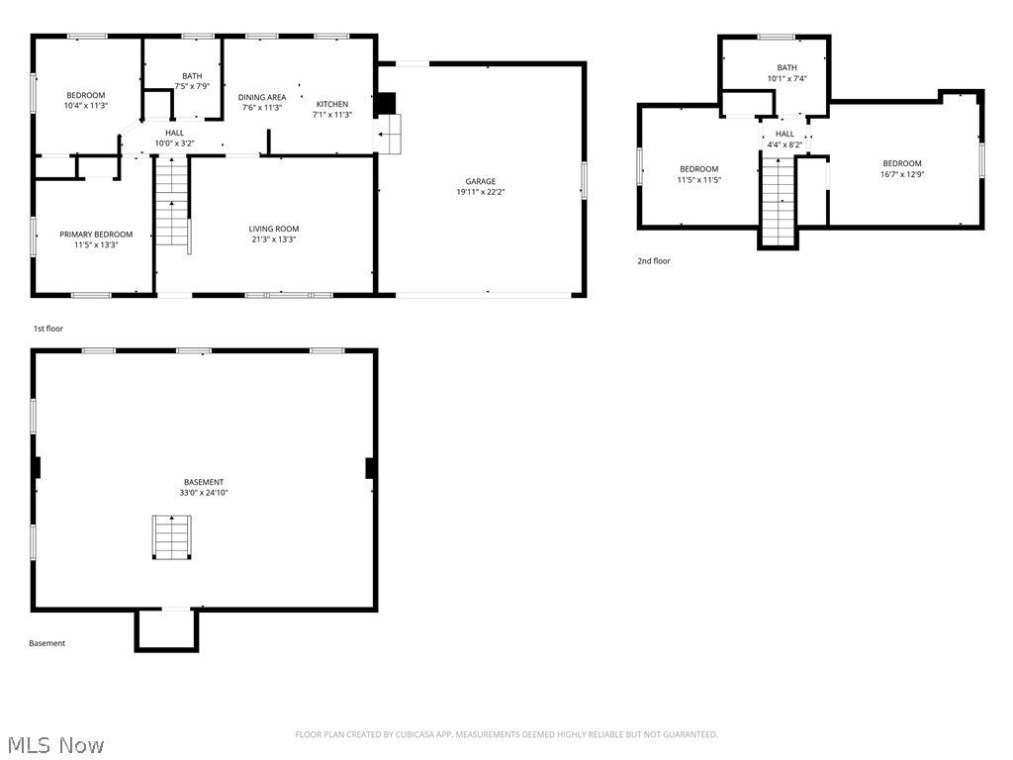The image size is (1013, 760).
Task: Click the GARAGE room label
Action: [x=481, y=181]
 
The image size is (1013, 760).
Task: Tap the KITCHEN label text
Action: [x=332, y=104]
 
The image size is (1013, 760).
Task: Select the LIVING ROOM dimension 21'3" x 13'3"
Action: [x=273, y=239]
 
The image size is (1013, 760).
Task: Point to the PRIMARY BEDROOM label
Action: [x=96, y=235]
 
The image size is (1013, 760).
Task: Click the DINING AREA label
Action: [x=262, y=97]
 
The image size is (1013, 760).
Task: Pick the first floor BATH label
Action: [x=192, y=76]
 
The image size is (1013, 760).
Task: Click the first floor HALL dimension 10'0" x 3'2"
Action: [x=174, y=143]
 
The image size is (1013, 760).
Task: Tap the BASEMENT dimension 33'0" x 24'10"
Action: [x=203, y=493]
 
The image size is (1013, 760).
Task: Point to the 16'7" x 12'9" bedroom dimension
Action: [x=901, y=174]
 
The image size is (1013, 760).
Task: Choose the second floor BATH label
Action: [x=786, y=67]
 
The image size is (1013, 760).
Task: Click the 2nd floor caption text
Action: [x=653, y=261]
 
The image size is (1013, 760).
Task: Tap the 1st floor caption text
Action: [x=47, y=329]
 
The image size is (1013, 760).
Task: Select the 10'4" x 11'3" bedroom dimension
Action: [x=85, y=105]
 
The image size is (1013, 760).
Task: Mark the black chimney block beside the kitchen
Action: [x=387, y=103]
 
